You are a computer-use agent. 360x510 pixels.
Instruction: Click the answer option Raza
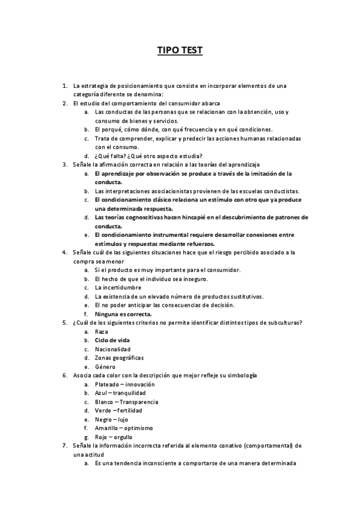pyautogui.click(x=101, y=331)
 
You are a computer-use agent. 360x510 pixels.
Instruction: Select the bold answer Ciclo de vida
pyautogui.click(x=112, y=340)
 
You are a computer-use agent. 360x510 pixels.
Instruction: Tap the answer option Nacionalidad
pyautogui.click(x=112, y=349)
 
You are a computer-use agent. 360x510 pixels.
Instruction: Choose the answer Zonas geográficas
pyautogui.click(x=119, y=358)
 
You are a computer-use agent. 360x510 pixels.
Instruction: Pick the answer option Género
pyautogui.click(x=105, y=367)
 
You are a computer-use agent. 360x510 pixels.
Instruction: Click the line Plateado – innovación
pyautogui.click(x=124, y=384)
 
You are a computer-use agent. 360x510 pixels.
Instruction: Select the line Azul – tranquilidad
pyautogui.click(x=121, y=393)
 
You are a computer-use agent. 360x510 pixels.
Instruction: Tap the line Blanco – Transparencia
pyautogui.click(x=126, y=401)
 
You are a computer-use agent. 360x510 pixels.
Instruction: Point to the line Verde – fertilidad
pyautogui.click(x=118, y=410)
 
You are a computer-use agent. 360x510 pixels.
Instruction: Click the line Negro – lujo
pyautogui.click(x=111, y=419)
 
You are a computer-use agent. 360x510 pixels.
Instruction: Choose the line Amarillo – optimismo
pyautogui.click(x=124, y=428)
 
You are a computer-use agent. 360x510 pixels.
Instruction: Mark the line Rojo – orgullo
pyautogui.click(x=114, y=437)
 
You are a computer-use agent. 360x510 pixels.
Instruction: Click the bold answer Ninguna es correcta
pyautogui.click(x=123, y=314)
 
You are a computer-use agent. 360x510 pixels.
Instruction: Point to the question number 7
pyautogui.click(x=64, y=446)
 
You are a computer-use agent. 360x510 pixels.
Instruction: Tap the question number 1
pyautogui.click(x=64, y=85)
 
